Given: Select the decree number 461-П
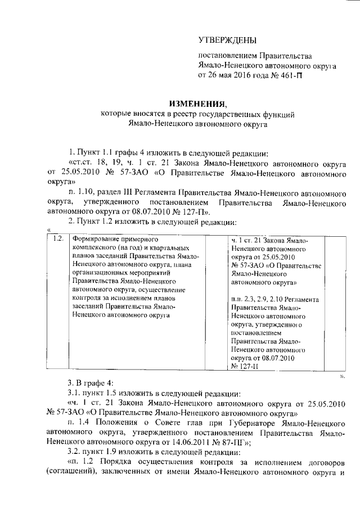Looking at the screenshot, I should click(295, 75).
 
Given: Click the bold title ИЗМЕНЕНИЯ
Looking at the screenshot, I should click(197, 103).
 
